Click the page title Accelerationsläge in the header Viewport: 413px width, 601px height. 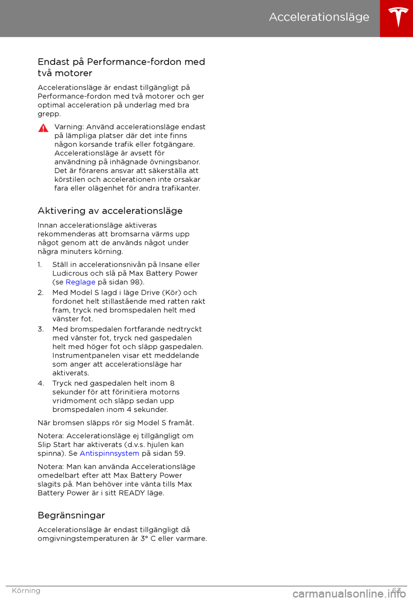pyautogui.click(x=319, y=17)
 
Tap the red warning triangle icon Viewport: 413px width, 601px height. pyautogui.click(x=43, y=128)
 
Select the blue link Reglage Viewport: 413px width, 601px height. pyautogui.click(x=80, y=282)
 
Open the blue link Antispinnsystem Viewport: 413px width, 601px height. pyautogui.click(x=109, y=453)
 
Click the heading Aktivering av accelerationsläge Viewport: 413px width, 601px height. pyautogui.click(x=110, y=211)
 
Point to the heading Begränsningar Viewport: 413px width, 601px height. pyautogui.click(x=71, y=515)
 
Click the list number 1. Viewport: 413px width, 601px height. pyautogui.click(x=40, y=265)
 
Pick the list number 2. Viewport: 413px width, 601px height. pyautogui.click(x=40, y=293)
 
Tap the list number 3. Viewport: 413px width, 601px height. pyautogui.click(x=40, y=329)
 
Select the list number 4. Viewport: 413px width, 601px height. pyautogui.click(x=41, y=384)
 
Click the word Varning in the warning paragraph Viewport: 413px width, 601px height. pyautogui.click(x=68, y=127)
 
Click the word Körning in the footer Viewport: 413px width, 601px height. pyautogui.click(x=26, y=591)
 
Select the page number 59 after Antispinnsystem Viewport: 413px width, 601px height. pyautogui.click(x=179, y=453)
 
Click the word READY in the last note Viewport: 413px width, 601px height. pyautogui.click(x=132, y=493)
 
